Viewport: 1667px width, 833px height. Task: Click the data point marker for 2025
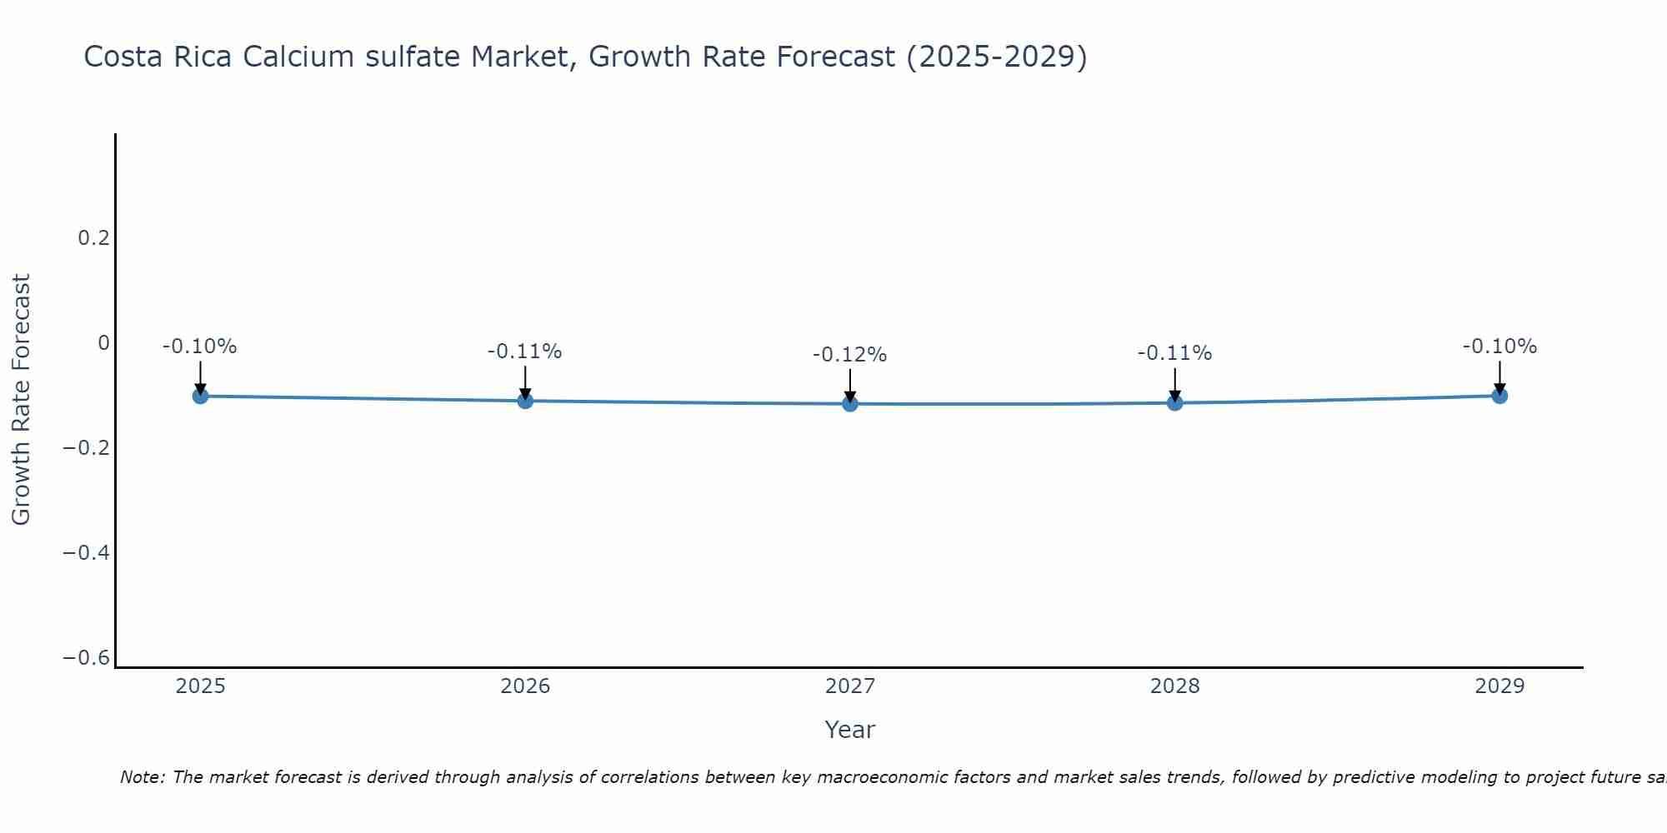point(200,396)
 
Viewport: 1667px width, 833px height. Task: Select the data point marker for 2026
point(525,401)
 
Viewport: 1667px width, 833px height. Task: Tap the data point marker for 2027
point(850,404)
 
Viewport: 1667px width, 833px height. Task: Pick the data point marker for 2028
point(1174,403)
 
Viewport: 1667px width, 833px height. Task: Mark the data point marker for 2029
point(1499,396)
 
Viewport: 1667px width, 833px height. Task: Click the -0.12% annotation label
point(849,355)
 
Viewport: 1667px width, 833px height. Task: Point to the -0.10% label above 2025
point(199,347)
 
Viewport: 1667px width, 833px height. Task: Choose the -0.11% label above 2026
point(524,352)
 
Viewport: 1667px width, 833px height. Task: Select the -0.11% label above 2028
point(1174,353)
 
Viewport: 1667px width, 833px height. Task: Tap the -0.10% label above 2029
point(1499,347)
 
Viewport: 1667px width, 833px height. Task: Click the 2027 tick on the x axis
point(850,686)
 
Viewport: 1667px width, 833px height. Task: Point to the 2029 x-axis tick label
point(1499,686)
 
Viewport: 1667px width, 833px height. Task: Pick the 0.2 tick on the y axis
point(93,238)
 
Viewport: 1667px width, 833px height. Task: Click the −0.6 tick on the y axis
point(87,658)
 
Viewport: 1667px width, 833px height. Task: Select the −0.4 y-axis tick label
point(87,553)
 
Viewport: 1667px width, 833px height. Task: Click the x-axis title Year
point(849,730)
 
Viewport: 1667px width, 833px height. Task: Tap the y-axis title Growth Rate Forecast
point(21,400)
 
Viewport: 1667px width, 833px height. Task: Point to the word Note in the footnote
point(142,777)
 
